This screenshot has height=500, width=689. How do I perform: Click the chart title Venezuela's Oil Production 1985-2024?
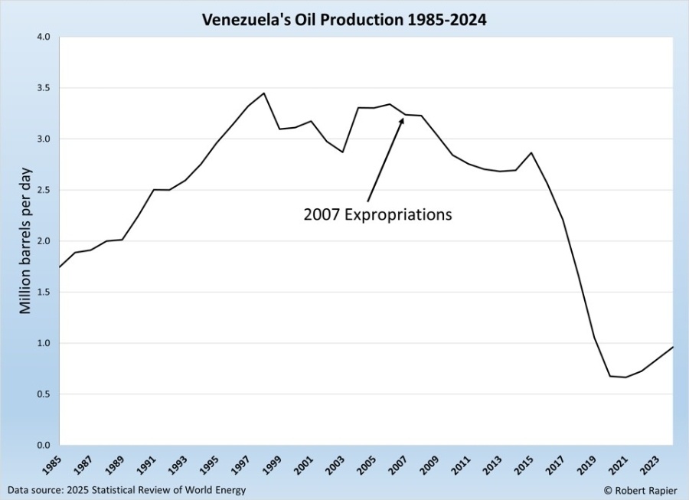click(344, 19)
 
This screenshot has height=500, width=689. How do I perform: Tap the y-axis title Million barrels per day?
click(25, 241)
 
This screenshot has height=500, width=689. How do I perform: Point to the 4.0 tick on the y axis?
click(42, 37)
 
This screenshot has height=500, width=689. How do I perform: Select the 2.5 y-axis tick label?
click(42, 190)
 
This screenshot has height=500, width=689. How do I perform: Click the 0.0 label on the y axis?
click(42, 445)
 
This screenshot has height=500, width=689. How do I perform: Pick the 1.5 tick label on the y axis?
click(42, 292)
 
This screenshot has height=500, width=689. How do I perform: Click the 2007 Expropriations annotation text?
click(377, 214)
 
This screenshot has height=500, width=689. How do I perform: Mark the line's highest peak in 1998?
click(264, 93)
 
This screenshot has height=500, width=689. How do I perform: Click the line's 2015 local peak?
click(531, 152)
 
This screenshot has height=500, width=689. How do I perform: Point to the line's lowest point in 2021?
click(625, 377)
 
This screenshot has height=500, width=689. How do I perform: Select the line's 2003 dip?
click(342, 152)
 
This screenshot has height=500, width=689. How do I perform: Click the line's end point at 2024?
click(673, 347)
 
